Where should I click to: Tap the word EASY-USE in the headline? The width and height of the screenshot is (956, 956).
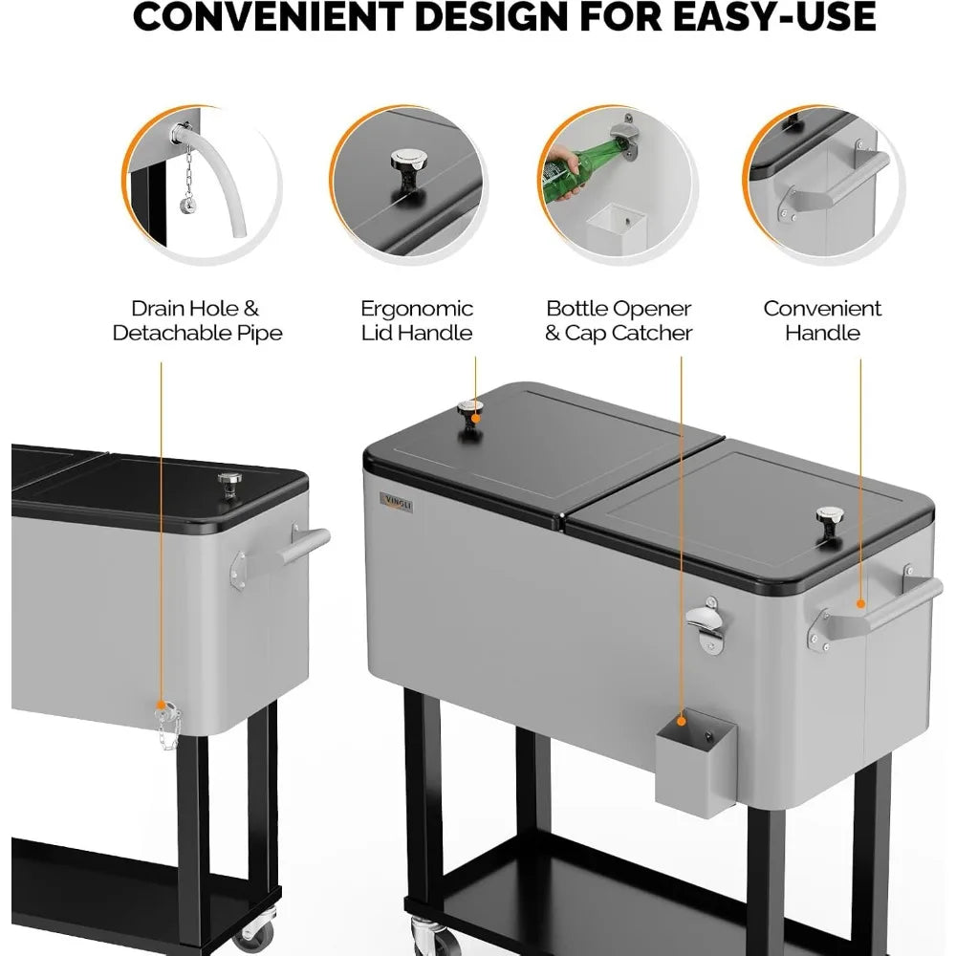coord(774,16)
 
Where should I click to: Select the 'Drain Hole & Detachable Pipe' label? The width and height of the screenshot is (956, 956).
coord(197,320)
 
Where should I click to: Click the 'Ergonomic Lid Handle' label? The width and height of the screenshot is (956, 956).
coord(417,320)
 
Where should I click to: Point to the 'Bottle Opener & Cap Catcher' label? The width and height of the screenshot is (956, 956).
coord(619,320)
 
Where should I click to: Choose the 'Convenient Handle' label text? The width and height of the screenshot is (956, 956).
coord(822,320)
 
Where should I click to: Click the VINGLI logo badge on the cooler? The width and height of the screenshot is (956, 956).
coord(397,503)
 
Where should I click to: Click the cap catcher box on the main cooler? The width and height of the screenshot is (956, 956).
coord(696,763)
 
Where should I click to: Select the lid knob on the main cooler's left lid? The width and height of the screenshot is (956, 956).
coord(470,415)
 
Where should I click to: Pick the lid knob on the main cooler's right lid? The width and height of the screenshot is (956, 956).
coord(830,523)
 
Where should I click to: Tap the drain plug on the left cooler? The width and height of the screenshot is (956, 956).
coord(167,713)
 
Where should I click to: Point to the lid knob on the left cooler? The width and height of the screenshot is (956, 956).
coord(229,485)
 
